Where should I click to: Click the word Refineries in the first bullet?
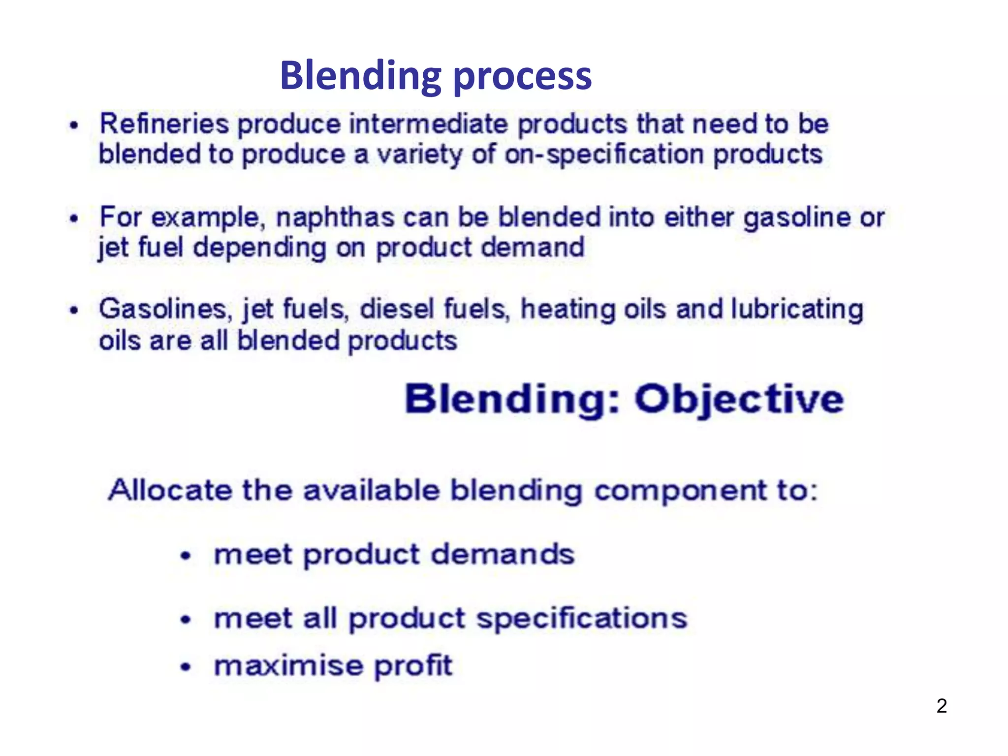click(164, 124)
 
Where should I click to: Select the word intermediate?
click(428, 124)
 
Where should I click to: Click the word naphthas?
click(335, 218)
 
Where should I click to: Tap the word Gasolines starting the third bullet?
click(163, 310)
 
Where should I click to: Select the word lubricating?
click(797, 310)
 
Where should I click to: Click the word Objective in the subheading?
click(739, 399)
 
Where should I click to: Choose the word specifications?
click(582, 619)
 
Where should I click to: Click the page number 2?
click(942, 706)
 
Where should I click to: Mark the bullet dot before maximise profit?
click(185, 667)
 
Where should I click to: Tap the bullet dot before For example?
click(74, 218)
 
